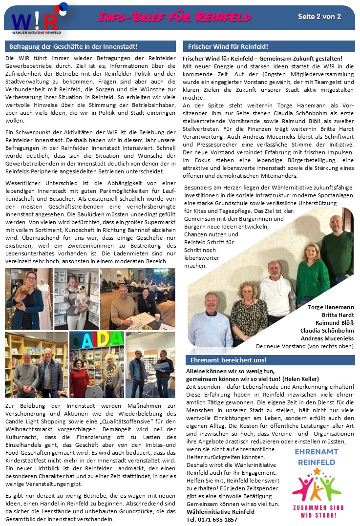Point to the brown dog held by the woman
(x=22, y=295)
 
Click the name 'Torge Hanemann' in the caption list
(x=331, y=307)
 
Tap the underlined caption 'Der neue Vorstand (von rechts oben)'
(x=304, y=346)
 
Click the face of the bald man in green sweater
(x=336, y=224)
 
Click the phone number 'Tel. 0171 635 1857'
(x=212, y=519)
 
